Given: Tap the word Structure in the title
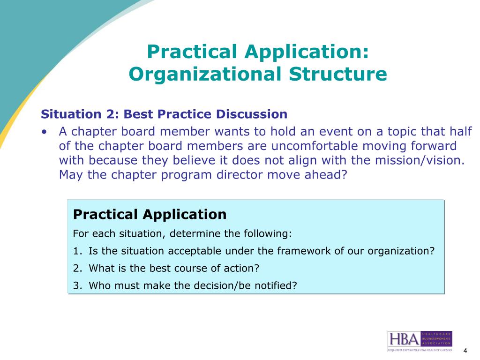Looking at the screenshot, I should coord(337,74).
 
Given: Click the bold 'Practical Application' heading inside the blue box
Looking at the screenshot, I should coord(150,215).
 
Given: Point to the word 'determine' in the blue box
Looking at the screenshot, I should coord(191,233).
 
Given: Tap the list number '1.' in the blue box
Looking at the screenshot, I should coord(78,251).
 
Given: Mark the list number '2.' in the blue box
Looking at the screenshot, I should coord(78,268).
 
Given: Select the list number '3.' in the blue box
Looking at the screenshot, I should coord(78,285).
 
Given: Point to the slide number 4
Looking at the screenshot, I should coord(465,351).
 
